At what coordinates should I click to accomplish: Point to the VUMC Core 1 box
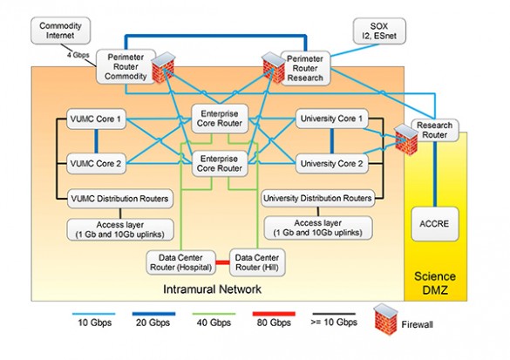coord(96,118)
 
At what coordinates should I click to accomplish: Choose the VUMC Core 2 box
coord(96,162)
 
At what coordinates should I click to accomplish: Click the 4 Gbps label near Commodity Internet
coord(79,56)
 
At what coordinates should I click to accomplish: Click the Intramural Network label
coord(213,289)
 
